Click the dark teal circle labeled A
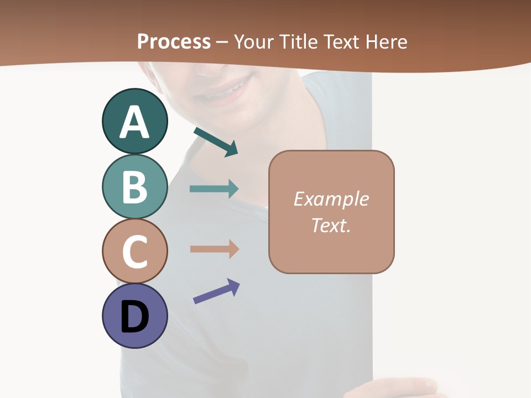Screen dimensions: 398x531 (x=134, y=122)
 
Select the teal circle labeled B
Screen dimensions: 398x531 (x=134, y=187)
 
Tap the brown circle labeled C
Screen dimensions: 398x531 (x=134, y=251)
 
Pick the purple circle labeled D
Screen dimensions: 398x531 (x=134, y=316)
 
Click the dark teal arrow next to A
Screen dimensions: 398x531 (x=216, y=142)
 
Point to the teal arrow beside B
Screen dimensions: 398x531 (x=214, y=189)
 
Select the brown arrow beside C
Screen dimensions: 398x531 (x=214, y=249)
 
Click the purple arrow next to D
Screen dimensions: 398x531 (x=216, y=291)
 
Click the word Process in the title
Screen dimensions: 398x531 (x=174, y=41)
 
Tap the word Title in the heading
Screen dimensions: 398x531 (x=297, y=41)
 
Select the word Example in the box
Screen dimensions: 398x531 (x=331, y=199)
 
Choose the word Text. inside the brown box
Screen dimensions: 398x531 (x=331, y=225)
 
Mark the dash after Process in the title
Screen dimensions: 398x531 (x=222, y=42)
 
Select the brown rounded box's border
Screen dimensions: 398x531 (x=394, y=212)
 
